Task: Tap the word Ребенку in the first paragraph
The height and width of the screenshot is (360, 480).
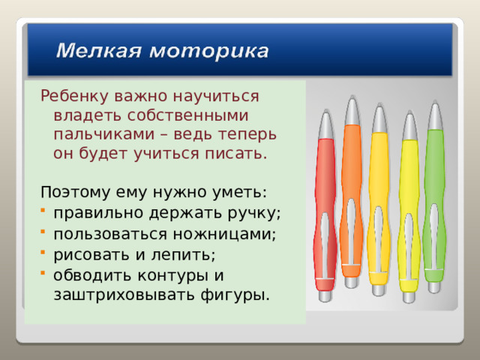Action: click(x=75, y=97)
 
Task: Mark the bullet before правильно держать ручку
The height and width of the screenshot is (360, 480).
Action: click(x=46, y=212)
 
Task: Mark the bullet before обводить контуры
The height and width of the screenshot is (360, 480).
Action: click(x=46, y=274)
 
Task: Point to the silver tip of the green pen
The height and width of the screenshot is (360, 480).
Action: click(x=435, y=116)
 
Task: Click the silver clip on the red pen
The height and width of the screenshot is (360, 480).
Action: click(x=324, y=247)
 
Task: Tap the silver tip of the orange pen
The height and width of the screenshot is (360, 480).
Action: click(x=351, y=110)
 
